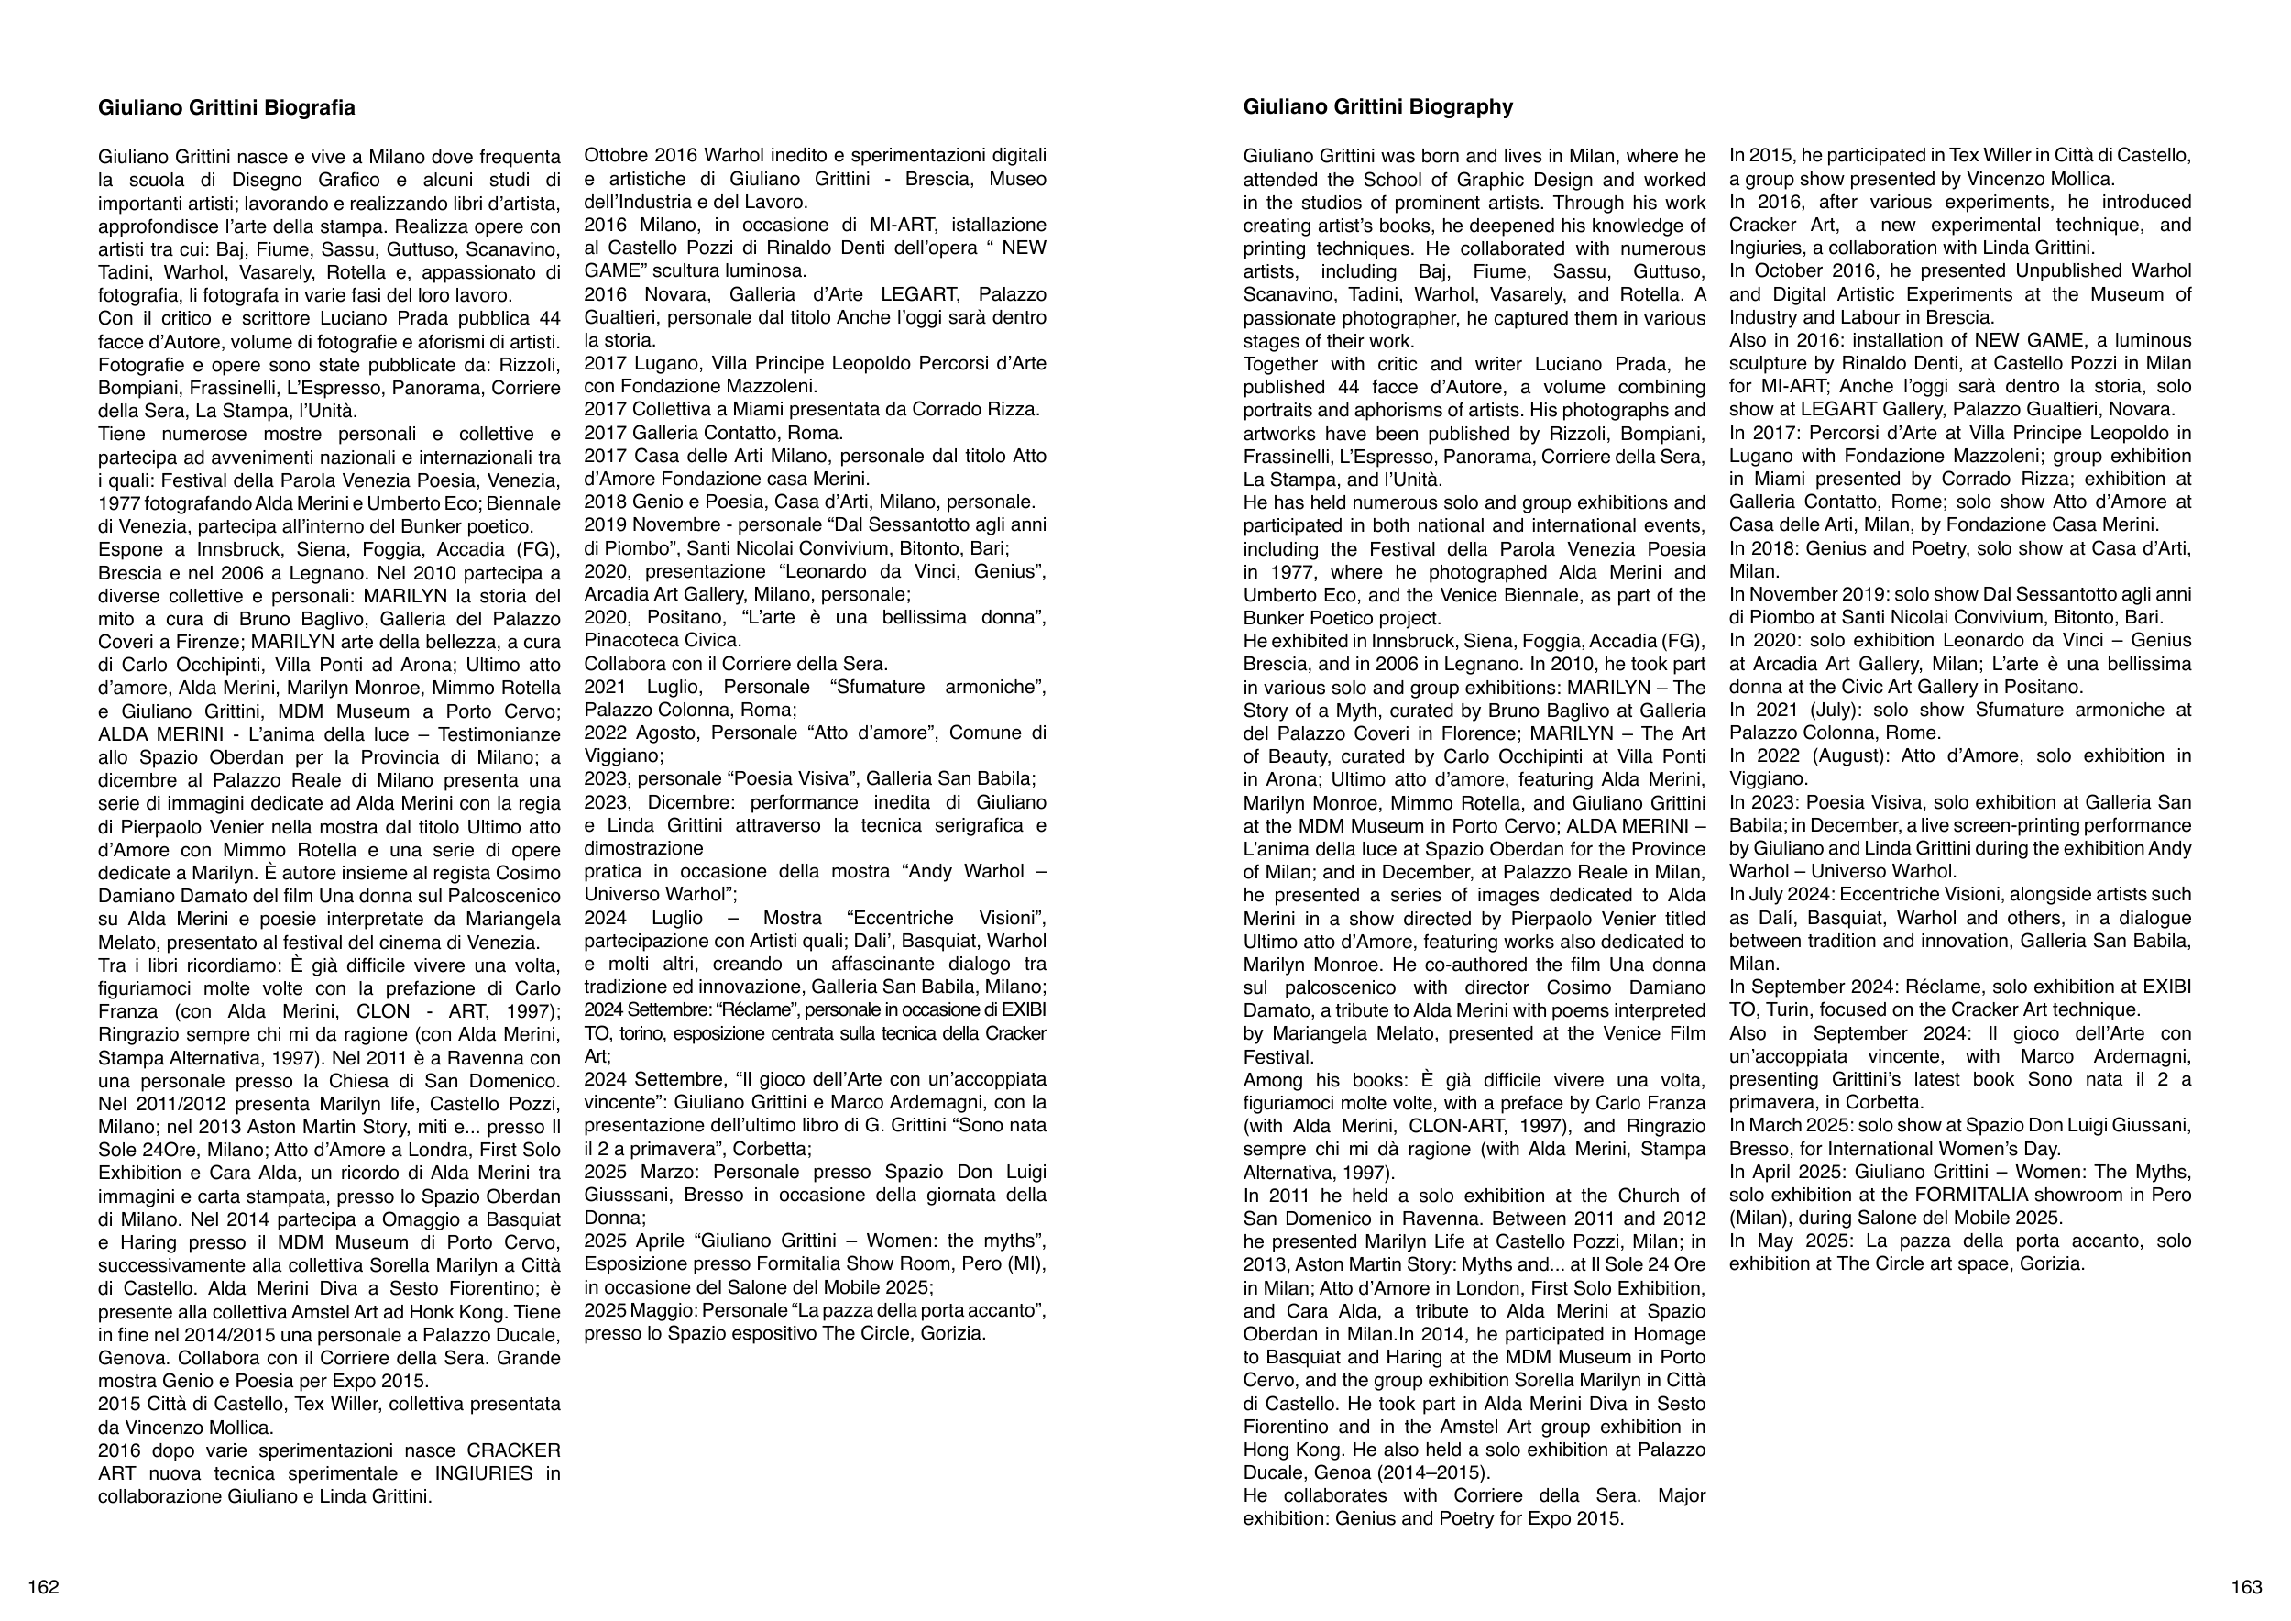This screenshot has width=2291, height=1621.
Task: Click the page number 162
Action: [43, 1587]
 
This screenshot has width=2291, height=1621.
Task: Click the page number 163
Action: [2246, 1587]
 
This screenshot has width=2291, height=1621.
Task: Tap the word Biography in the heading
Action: [1463, 108]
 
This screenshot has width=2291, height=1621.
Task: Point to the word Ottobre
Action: [616, 156]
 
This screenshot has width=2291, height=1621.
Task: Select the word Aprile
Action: [655, 1241]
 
